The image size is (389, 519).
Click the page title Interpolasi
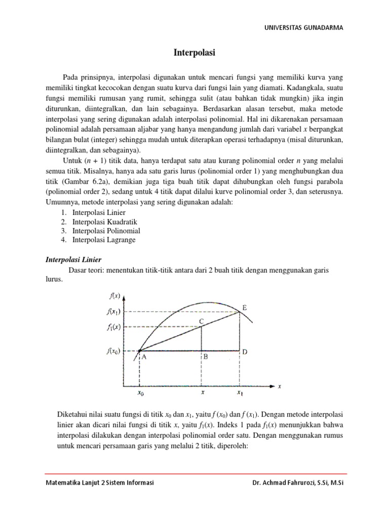point(194,52)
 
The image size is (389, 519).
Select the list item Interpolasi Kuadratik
point(104,221)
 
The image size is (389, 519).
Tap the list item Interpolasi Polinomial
point(106,231)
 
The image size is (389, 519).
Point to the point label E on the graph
point(245,308)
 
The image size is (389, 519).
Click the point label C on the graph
point(201,321)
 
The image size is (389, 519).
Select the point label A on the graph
point(144,357)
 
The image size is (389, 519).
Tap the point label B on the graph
point(206,357)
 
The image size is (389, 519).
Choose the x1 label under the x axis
point(240,392)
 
